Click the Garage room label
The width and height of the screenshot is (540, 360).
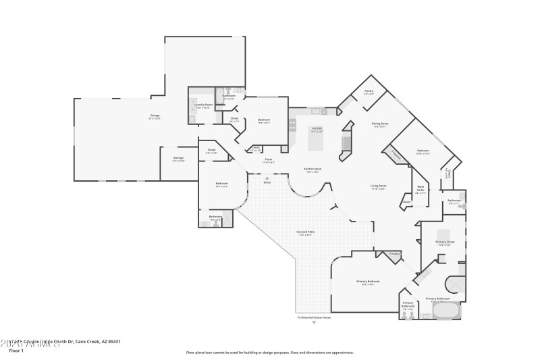pos(155,115)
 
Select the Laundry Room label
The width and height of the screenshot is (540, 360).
pos(203,105)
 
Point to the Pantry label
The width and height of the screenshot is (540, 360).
pos(369,91)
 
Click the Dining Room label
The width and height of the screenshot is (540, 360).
pos(380,124)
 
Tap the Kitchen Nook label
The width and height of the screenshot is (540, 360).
pos(312,170)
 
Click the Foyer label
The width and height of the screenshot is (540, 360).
pos(268,159)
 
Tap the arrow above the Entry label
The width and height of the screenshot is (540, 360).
pos(267,178)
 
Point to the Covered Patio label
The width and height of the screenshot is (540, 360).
pos(306,232)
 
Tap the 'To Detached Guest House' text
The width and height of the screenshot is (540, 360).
pos(314,317)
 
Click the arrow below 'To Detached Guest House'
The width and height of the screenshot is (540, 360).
pos(314,323)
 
